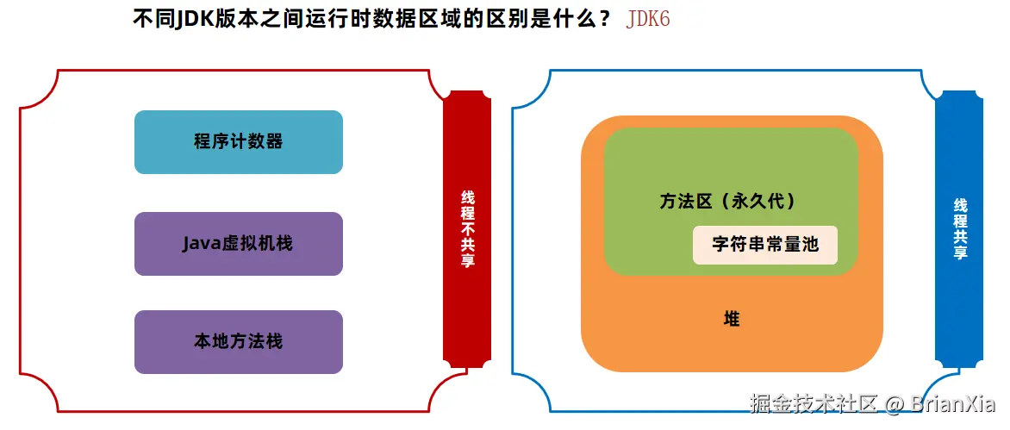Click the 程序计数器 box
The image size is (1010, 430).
239,142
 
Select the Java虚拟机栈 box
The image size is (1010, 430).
239,244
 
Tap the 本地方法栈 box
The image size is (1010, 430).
239,342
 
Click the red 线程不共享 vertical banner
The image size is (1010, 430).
467,228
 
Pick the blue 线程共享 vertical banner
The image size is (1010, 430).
959,228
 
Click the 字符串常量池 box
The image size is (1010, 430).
764,245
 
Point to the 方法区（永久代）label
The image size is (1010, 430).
727,202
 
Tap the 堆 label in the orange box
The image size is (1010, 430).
732,320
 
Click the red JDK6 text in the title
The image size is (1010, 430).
648,19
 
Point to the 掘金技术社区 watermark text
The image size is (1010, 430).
814,403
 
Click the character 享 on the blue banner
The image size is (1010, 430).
959,252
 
